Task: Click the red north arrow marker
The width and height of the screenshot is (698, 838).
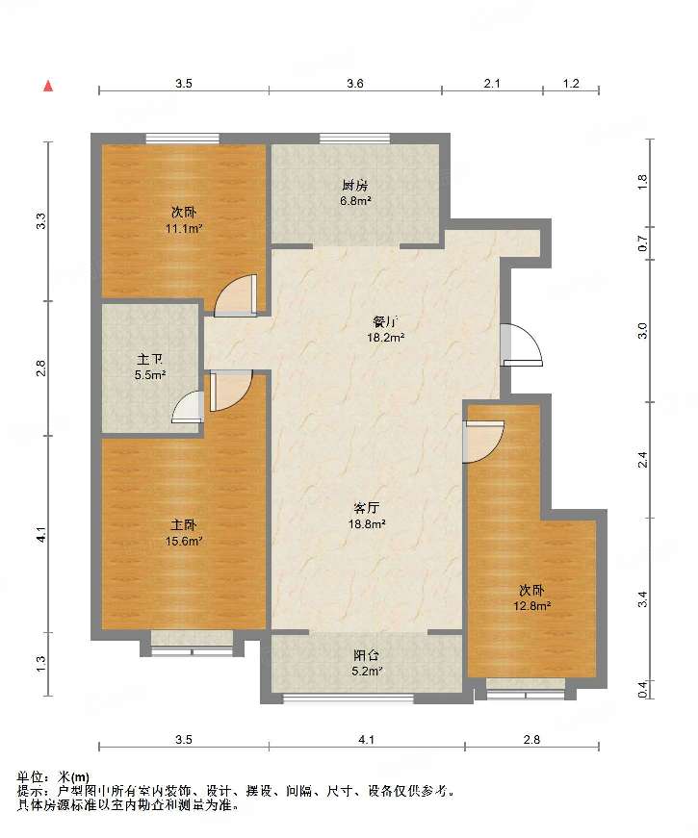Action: click(x=48, y=86)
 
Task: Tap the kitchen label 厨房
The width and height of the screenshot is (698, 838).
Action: click(x=355, y=186)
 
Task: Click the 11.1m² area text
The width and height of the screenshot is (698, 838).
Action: click(x=184, y=229)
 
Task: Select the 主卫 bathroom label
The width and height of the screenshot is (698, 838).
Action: click(x=150, y=360)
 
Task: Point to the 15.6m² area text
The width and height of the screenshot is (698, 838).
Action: click(x=184, y=541)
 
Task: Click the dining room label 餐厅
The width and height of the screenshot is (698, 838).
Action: click(x=385, y=322)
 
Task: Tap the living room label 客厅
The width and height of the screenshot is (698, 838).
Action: click(x=367, y=508)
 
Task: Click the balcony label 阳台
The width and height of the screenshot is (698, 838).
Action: click(x=367, y=655)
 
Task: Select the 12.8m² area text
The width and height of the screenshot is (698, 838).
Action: click(x=532, y=606)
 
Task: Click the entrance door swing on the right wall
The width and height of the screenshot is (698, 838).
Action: click(x=523, y=344)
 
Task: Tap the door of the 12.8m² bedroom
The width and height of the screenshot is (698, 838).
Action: click(x=484, y=442)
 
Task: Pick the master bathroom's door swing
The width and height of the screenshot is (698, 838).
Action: click(x=189, y=407)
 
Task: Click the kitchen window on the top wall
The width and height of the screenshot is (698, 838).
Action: click(x=355, y=138)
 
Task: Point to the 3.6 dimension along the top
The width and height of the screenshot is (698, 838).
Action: click(x=355, y=84)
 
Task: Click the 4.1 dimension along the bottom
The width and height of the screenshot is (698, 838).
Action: click(x=367, y=740)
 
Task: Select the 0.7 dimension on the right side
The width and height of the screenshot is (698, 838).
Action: click(x=643, y=243)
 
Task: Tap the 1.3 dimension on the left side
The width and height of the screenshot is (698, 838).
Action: click(x=41, y=664)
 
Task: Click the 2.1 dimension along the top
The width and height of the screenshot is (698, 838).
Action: click(x=492, y=84)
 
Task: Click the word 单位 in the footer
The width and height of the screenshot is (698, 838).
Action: click(x=31, y=777)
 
